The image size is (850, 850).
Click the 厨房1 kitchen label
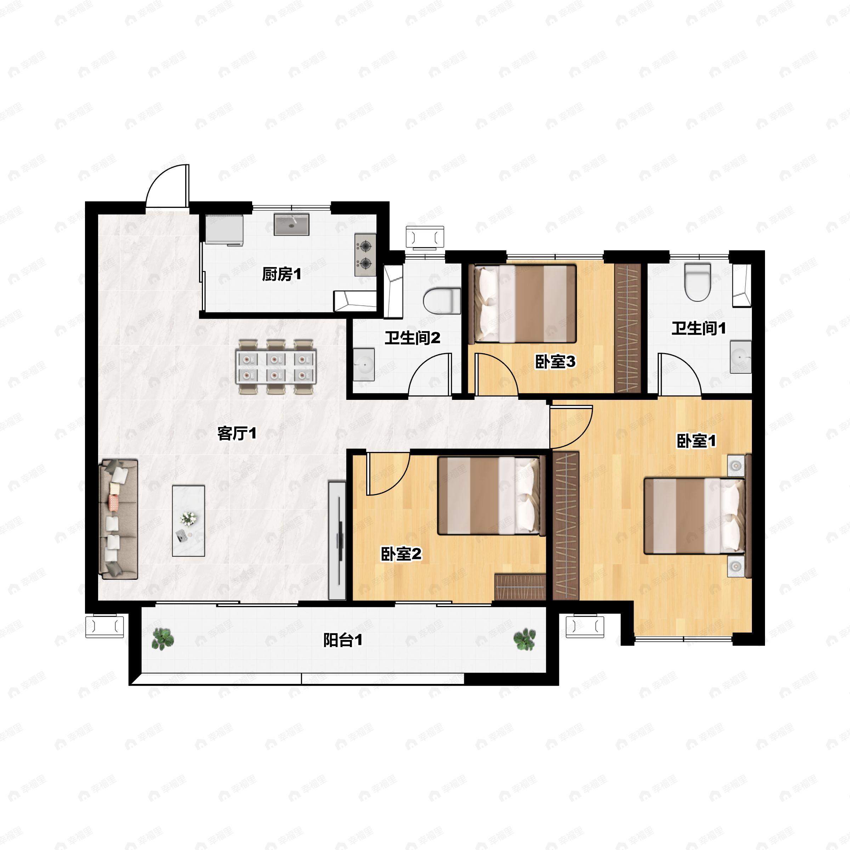tap(282, 274)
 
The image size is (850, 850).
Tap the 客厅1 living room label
tap(237, 434)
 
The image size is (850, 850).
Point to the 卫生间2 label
tap(412, 338)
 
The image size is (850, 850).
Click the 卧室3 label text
tap(555, 362)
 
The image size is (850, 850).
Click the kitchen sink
tap(291, 225)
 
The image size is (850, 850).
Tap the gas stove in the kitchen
tap(365, 255)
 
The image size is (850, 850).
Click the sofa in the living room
tap(119, 519)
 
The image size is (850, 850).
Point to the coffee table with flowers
tap(188, 521)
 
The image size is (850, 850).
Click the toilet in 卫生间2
tap(442, 300)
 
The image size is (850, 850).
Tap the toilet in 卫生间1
tap(698, 282)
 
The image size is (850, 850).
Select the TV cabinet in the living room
tap(337, 541)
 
